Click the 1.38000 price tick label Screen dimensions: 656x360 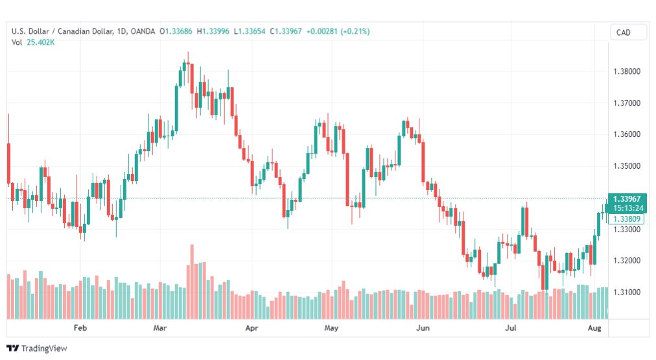pyautogui.click(x=627, y=71)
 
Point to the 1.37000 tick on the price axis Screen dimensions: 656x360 pyautogui.click(x=627, y=103)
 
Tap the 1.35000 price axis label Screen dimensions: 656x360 pyautogui.click(x=627, y=166)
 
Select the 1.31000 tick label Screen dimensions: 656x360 pyautogui.click(x=627, y=292)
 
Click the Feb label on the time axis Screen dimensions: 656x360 pyautogui.click(x=80, y=328)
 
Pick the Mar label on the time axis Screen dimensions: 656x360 pyautogui.click(x=160, y=328)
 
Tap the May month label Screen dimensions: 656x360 pyautogui.click(x=331, y=328)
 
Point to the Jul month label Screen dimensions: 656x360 pyautogui.click(x=510, y=328)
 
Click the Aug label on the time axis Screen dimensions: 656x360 pyautogui.click(x=594, y=328)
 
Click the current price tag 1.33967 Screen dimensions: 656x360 pyautogui.click(x=627, y=199)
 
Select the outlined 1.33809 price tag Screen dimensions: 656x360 pyautogui.click(x=627, y=219)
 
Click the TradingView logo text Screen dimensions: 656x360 pyautogui.click(x=44, y=348)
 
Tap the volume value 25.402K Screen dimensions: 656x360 pyautogui.click(x=41, y=42)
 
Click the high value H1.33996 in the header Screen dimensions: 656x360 pyautogui.click(x=213, y=31)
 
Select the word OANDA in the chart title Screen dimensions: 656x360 pyautogui.click(x=143, y=31)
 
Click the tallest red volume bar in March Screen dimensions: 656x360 pyautogui.click(x=192, y=282)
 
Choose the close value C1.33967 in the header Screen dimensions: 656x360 pyautogui.click(x=286, y=31)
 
